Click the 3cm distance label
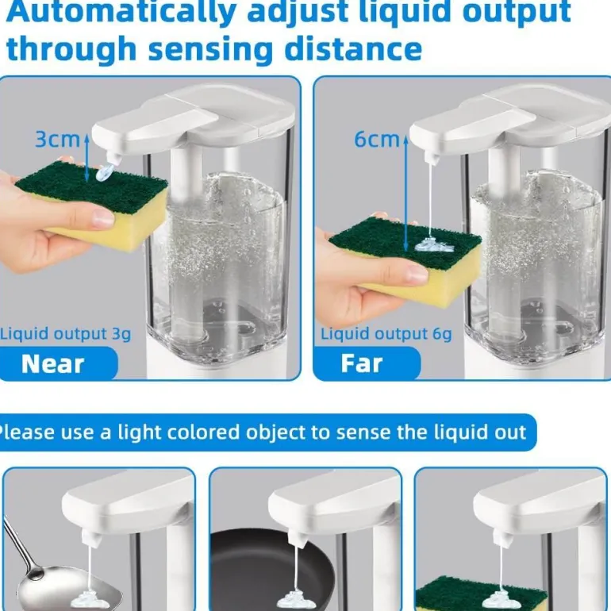(x=57, y=140)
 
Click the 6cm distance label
(x=377, y=140)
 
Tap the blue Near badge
(x=59, y=363)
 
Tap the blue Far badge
(x=367, y=363)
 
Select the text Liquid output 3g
(x=65, y=334)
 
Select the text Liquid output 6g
(x=386, y=334)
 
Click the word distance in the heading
(x=353, y=49)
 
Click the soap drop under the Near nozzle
(x=105, y=172)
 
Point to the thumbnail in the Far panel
(x=417, y=275)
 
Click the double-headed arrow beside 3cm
(x=87, y=158)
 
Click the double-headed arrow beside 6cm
(x=405, y=194)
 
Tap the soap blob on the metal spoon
(x=90, y=599)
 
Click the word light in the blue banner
(x=140, y=432)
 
